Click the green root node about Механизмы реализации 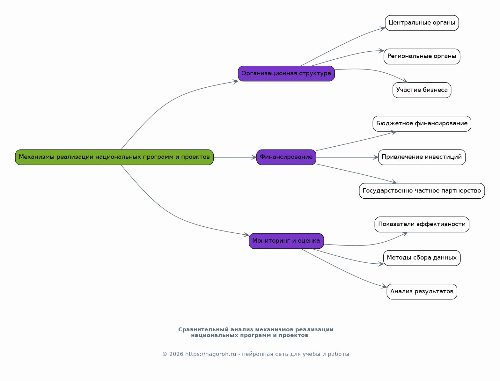pyautogui.click(x=114, y=157)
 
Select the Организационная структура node pyautogui.click(x=286, y=74)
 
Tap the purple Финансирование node pyautogui.click(x=286, y=157)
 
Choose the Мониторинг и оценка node pyautogui.click(x=286, y=241)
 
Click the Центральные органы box pyautogui.click(x=422, y=23)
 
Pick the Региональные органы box pyautogui.click(x=422, y=56)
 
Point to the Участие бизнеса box pyautogui.click(x=422, y=90)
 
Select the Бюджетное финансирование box pyautogui.click(x=422, y=124)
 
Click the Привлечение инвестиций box pyautogui.click(x=422, y=157)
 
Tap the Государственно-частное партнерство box pyautogui.click(x=422, y=191)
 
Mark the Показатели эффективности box pyautogui.click(x=422, y=224)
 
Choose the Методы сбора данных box pyautogui.click(x=422, y=258)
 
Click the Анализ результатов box pyautogui.click(x=422, y=291)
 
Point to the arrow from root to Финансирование pyautogui.click(x=234, y=157)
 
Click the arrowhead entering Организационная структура pyautogui.click(x=236, y=82)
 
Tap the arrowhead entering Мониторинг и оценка pyautogui.click(x=246, y=235)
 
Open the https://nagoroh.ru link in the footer pyautogui.click(x=210, y=354)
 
